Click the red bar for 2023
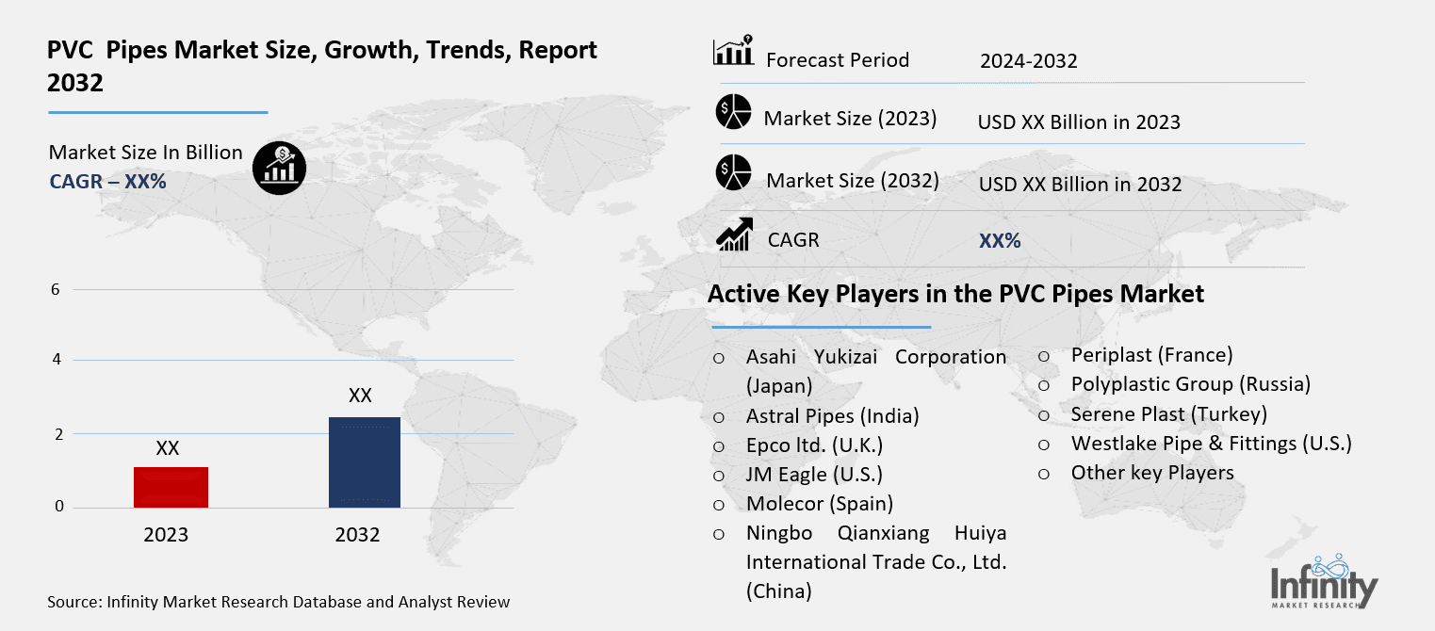coord(171,487)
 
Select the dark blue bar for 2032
coord(364,462)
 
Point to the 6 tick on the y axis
coord(56,289)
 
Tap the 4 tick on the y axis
coord(56,360)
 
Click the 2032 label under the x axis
coord(357,535)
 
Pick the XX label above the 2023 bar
coord(168,449)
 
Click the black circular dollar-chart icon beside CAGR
coord(279,169)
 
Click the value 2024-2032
coord(1028,61)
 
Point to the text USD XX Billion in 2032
coord(1080,185)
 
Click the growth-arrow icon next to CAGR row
coord(734,235)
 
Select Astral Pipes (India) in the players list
coord(832,415)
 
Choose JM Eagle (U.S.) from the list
coord(814,475)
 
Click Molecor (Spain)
coord(820,504)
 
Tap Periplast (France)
coord(1151,355)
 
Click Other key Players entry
coord(1152,473)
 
